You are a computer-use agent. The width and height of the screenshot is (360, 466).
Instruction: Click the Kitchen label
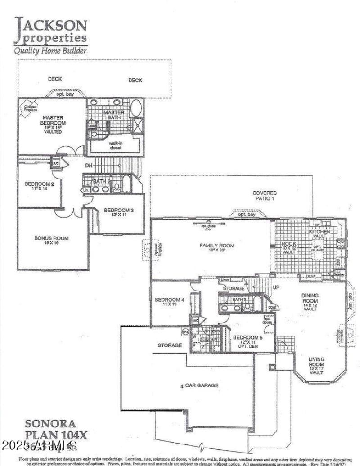click(x=319, y=234)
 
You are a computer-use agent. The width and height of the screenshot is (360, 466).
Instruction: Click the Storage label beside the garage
click(x=170, y=345)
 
